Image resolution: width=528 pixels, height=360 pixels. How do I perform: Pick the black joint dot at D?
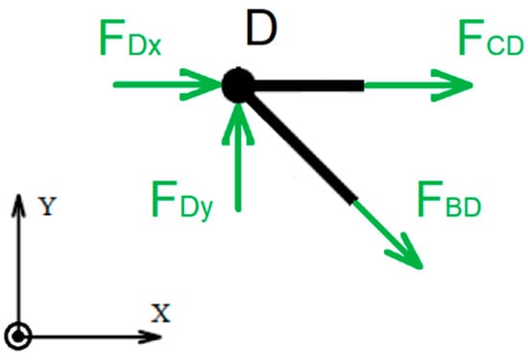236,84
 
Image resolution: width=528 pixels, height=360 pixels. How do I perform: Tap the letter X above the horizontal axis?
161,311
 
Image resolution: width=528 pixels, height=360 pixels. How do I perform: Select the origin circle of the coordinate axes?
19,336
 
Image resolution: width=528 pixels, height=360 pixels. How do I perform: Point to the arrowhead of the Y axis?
19,200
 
